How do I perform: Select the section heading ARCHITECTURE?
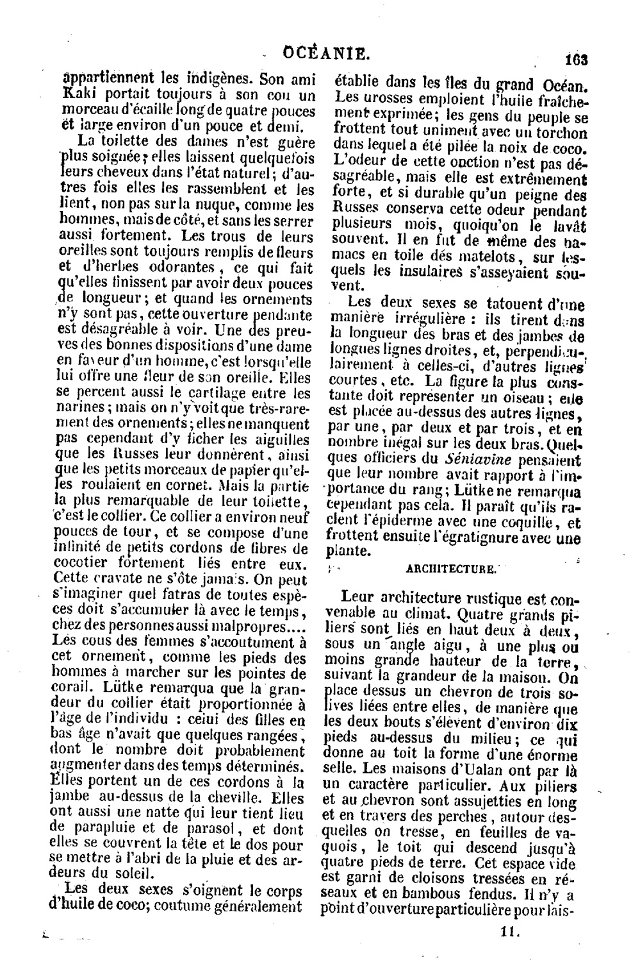tap(451, 568)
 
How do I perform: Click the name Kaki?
tap(77, 95)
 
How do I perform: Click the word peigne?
tap(537, 195)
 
